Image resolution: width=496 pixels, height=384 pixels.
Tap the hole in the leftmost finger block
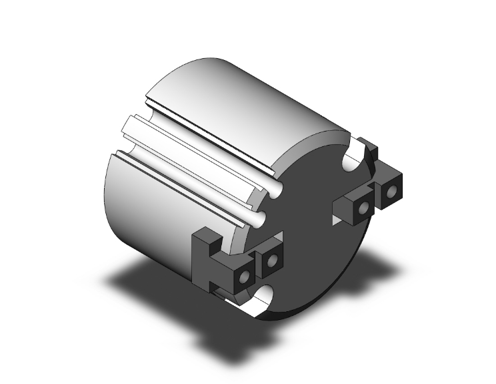pyautogui.click(x=245, y=276)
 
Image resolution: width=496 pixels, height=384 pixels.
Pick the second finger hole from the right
pyautogui.click(x=363, y=208)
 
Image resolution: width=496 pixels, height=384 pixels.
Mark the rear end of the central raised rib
pyautogui.click(x=130, y=123)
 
